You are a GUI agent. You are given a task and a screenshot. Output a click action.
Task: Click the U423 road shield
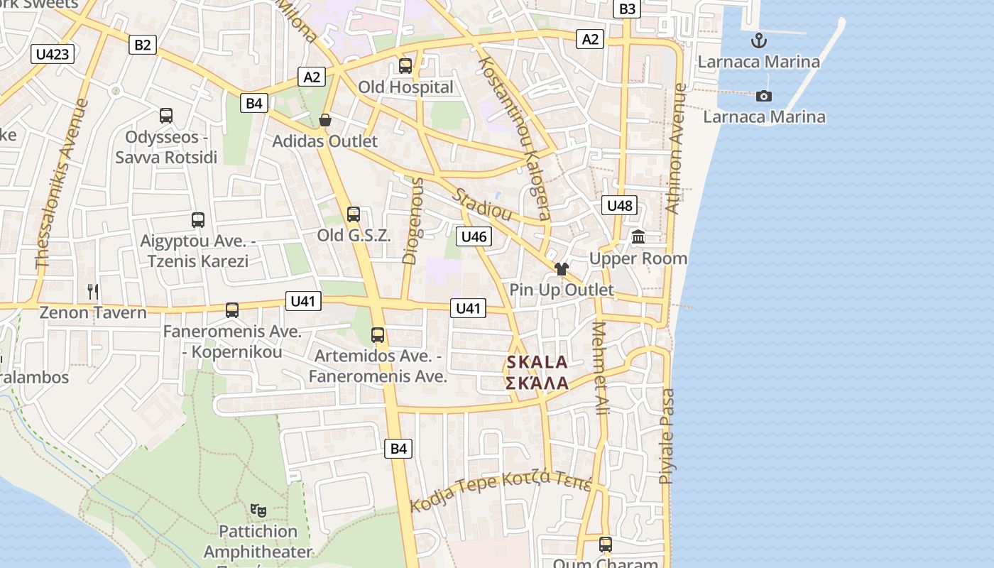tap(53, 54)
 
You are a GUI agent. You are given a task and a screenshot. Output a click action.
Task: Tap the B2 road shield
tap(143, 45)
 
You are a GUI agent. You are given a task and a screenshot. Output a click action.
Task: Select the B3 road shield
tap(628, 9)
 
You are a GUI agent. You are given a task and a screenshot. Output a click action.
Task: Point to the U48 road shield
tap(619, 206)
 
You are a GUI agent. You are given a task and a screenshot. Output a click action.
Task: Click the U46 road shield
tap(474, 236)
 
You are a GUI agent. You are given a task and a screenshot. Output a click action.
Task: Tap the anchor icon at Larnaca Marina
tap(759, 40)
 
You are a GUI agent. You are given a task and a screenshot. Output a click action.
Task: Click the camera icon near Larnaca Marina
tap(764, 96)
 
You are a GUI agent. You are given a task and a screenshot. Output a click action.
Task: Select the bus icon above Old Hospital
tap(405, 66)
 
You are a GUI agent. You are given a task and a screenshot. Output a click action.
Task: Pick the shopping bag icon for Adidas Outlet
tap(325, 120)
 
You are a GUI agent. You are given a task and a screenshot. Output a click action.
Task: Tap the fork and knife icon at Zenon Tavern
tap(93, 291)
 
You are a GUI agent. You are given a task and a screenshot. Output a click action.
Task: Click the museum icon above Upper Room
tap(638, 237)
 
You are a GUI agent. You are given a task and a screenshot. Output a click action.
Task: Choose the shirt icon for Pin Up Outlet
tap(562, 269)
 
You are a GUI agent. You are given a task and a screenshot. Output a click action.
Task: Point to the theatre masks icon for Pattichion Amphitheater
tap(258, 510)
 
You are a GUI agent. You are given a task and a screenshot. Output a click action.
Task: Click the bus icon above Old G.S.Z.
tap(354, 214)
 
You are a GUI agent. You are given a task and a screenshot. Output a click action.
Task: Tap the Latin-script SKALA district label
tap(537, 362)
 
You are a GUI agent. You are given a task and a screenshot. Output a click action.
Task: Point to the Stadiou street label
tap(484, 204)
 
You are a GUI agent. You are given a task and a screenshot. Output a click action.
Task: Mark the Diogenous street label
tap(414, 221)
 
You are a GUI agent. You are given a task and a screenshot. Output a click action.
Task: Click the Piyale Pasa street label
tap(667, 437)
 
